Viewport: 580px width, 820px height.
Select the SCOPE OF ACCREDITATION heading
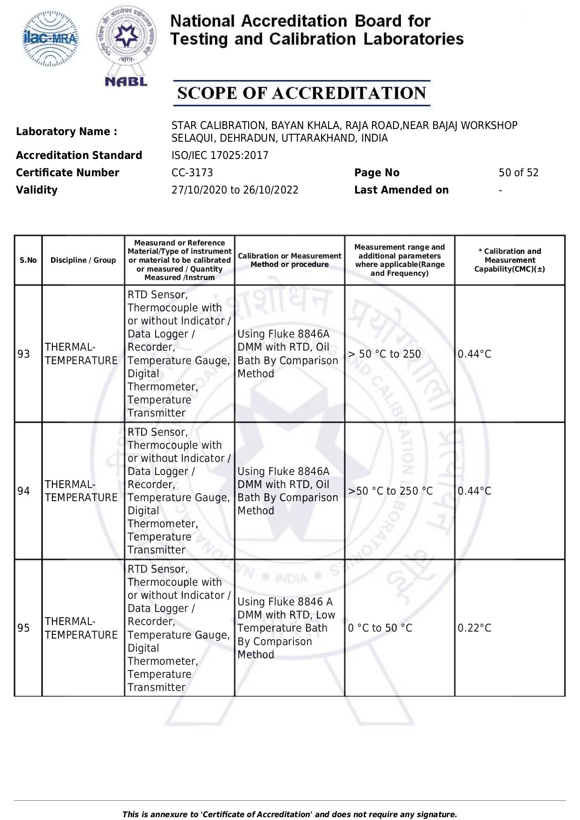(x=301, y=93)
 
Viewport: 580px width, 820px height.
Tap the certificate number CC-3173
(x=192, y=173)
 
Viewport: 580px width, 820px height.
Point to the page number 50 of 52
(x=518, y=173)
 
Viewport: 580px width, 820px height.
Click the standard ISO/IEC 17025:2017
(x=220, y=156)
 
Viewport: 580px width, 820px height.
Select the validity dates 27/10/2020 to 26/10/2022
(x=235, y=190)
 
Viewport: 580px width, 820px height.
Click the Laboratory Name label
(x=66, y=132)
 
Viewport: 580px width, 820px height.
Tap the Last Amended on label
(x=401, y=190)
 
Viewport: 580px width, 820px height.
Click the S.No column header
(x=28, y=260)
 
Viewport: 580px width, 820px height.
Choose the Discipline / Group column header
(x=83, y=260)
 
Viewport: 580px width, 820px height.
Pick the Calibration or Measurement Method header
(x=289, y=260)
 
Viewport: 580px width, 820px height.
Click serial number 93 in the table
(x=24, y=354)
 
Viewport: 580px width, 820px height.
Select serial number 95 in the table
(x=24, y=628)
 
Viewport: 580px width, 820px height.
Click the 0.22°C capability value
(x=474, y=628)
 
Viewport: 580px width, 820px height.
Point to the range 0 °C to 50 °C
(x=380, y=628)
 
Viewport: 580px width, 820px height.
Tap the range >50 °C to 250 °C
(x=390, y=491)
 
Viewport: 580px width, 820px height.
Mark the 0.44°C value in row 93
(x=474, y=354)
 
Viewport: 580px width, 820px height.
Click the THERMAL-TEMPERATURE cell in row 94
(x=81, y=491)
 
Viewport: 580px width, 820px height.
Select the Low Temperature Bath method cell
(x=286, y=628)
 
